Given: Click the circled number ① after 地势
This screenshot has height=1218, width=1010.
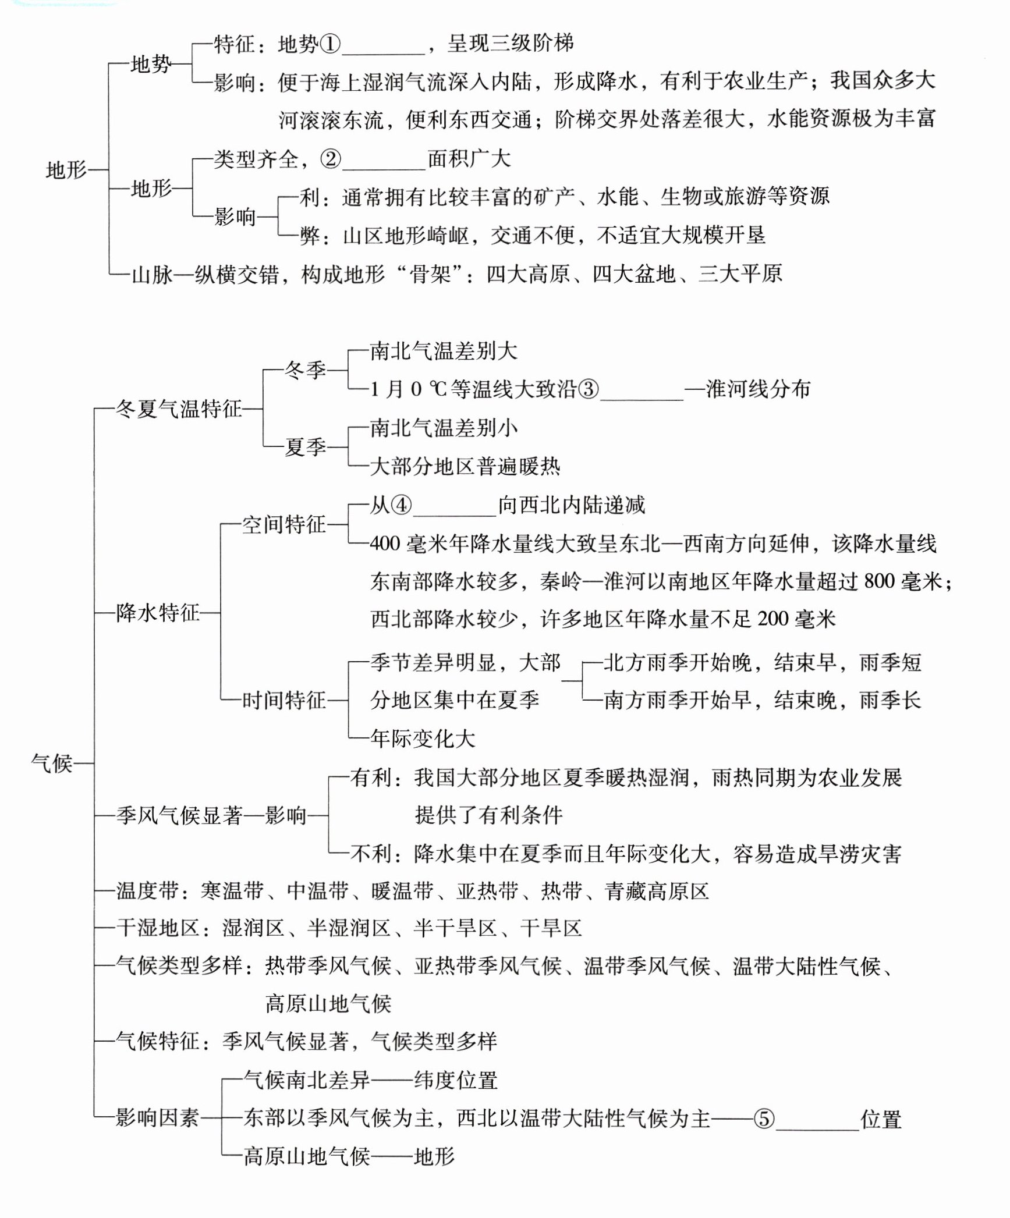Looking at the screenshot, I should click(330, 44).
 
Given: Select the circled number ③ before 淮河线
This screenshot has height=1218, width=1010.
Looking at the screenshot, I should click(589, 389).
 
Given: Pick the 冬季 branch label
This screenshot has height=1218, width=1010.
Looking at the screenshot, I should click(305, 370).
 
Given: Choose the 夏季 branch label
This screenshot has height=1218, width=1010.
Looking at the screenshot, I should click(305, 448).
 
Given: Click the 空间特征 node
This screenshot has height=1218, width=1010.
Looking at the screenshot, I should click(283, 525).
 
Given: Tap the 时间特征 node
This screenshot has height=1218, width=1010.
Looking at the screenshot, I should click(283, 700).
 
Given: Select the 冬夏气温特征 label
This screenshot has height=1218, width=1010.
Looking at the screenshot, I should click(179, 409).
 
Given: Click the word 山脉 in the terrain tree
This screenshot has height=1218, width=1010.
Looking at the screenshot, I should click(153, 274).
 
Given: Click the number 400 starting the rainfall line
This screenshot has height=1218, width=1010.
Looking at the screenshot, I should click(385, 544).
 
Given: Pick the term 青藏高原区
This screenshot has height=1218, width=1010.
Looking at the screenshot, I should click(657, 892).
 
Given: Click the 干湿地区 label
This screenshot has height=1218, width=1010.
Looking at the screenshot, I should click(157, 928).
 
